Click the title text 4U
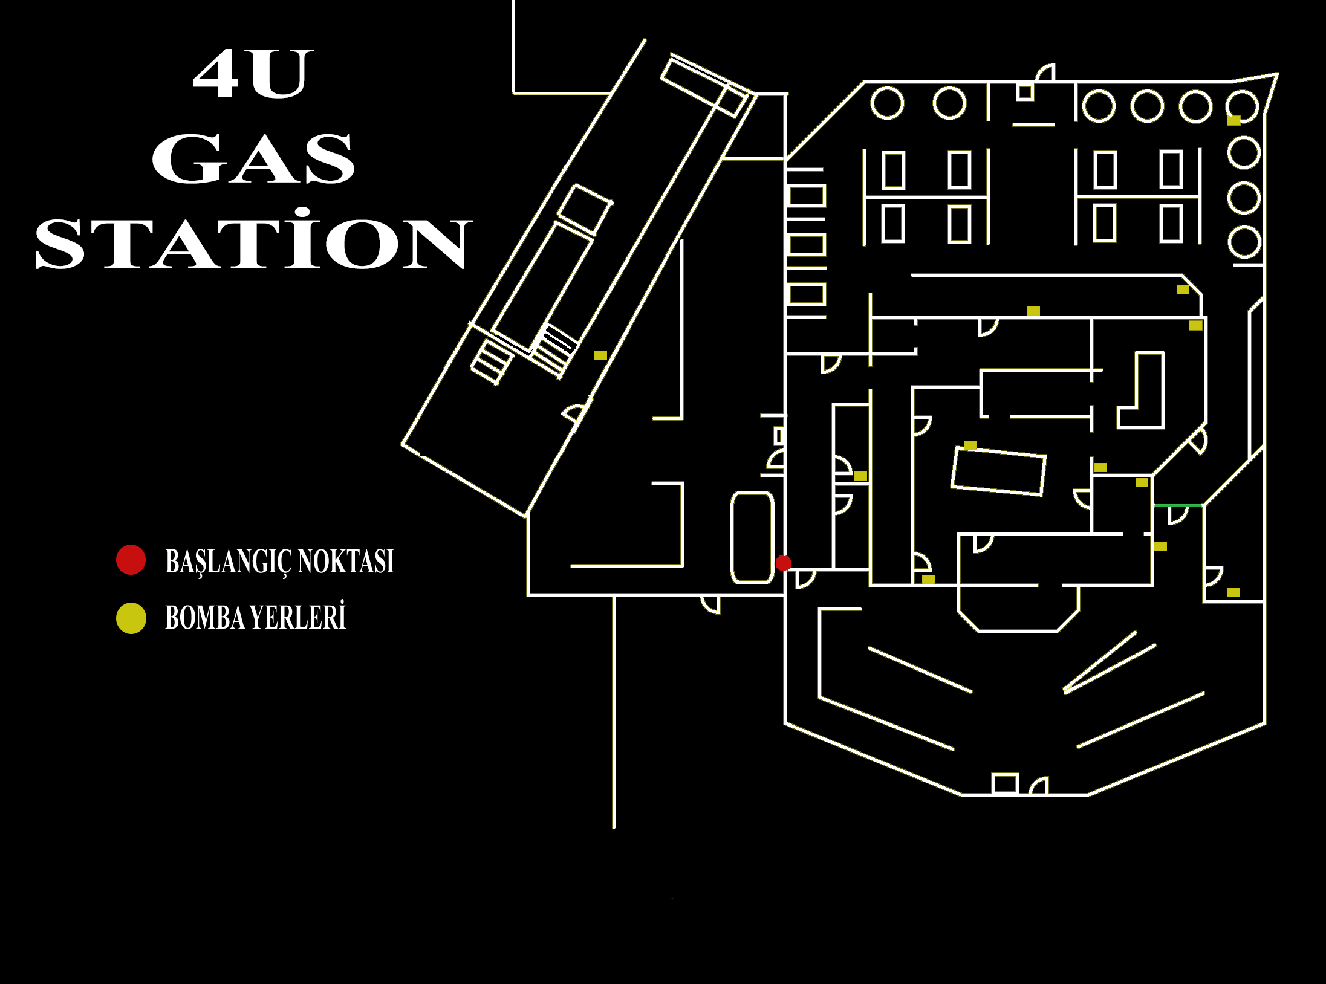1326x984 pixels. [253, 74]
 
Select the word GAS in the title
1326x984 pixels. [253, 158]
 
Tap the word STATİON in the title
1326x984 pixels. [253, 243]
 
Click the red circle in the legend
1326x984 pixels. [131, 560]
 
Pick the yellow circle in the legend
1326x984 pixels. [131, 618]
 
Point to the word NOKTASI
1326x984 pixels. [346, 561]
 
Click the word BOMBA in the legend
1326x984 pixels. [204, 618]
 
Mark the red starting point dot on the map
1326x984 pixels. [783, 563]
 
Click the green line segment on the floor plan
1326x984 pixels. [1178, 505]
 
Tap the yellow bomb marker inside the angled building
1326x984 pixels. [600, 355]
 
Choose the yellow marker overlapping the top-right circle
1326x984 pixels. [1233, 120]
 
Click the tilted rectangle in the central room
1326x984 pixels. [998, 471]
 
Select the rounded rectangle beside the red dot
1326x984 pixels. [752, 537]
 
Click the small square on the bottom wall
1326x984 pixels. [1005, 783]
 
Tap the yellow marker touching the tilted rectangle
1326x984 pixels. [970, 445]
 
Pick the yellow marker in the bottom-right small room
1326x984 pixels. [1233, 592]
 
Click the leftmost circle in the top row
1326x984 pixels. [887, 103]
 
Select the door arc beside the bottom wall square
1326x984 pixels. [1039, 786]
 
